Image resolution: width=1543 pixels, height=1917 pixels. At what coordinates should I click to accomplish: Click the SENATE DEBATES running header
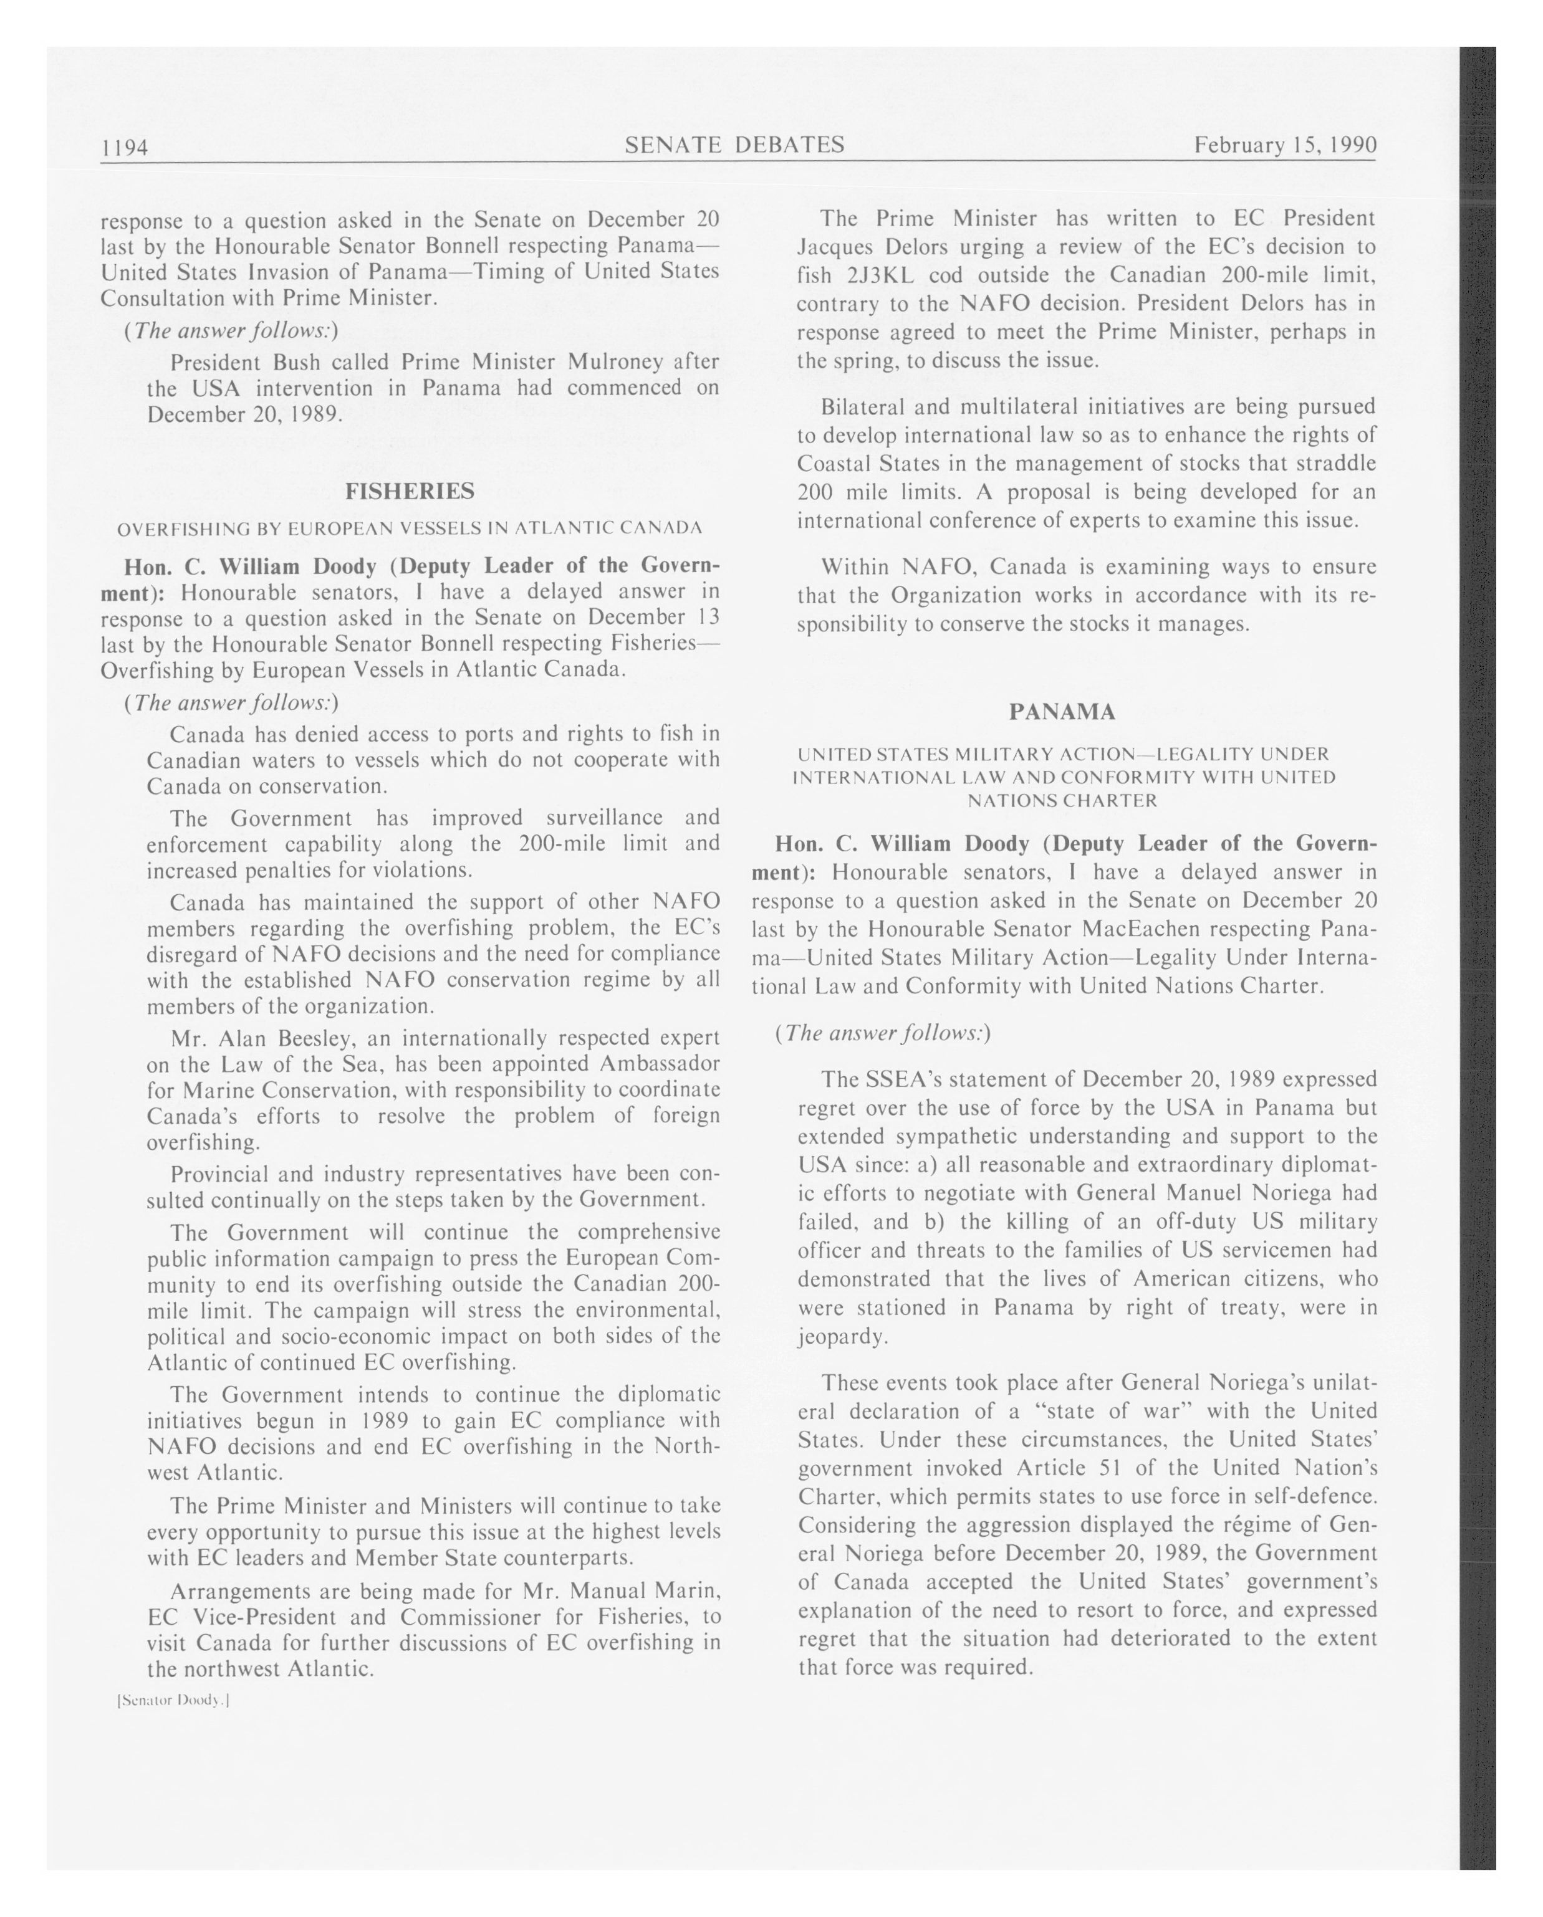point(734,145)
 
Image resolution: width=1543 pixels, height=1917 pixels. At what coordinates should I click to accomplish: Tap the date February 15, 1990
point(1285,145)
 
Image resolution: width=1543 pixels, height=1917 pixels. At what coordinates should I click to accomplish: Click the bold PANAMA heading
point(1062,711)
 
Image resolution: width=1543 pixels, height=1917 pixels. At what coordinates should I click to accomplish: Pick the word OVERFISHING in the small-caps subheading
point(173,528)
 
